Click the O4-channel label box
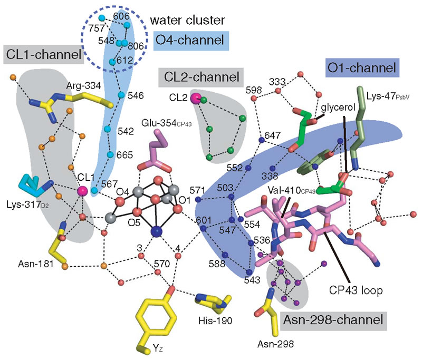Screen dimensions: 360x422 pyautogui.click(x=188, y=39)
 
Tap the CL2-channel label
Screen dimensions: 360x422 pyautogui.click(x=199, y=78)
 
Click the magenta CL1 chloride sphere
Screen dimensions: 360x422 pyautogui.click(x=82, y=191)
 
